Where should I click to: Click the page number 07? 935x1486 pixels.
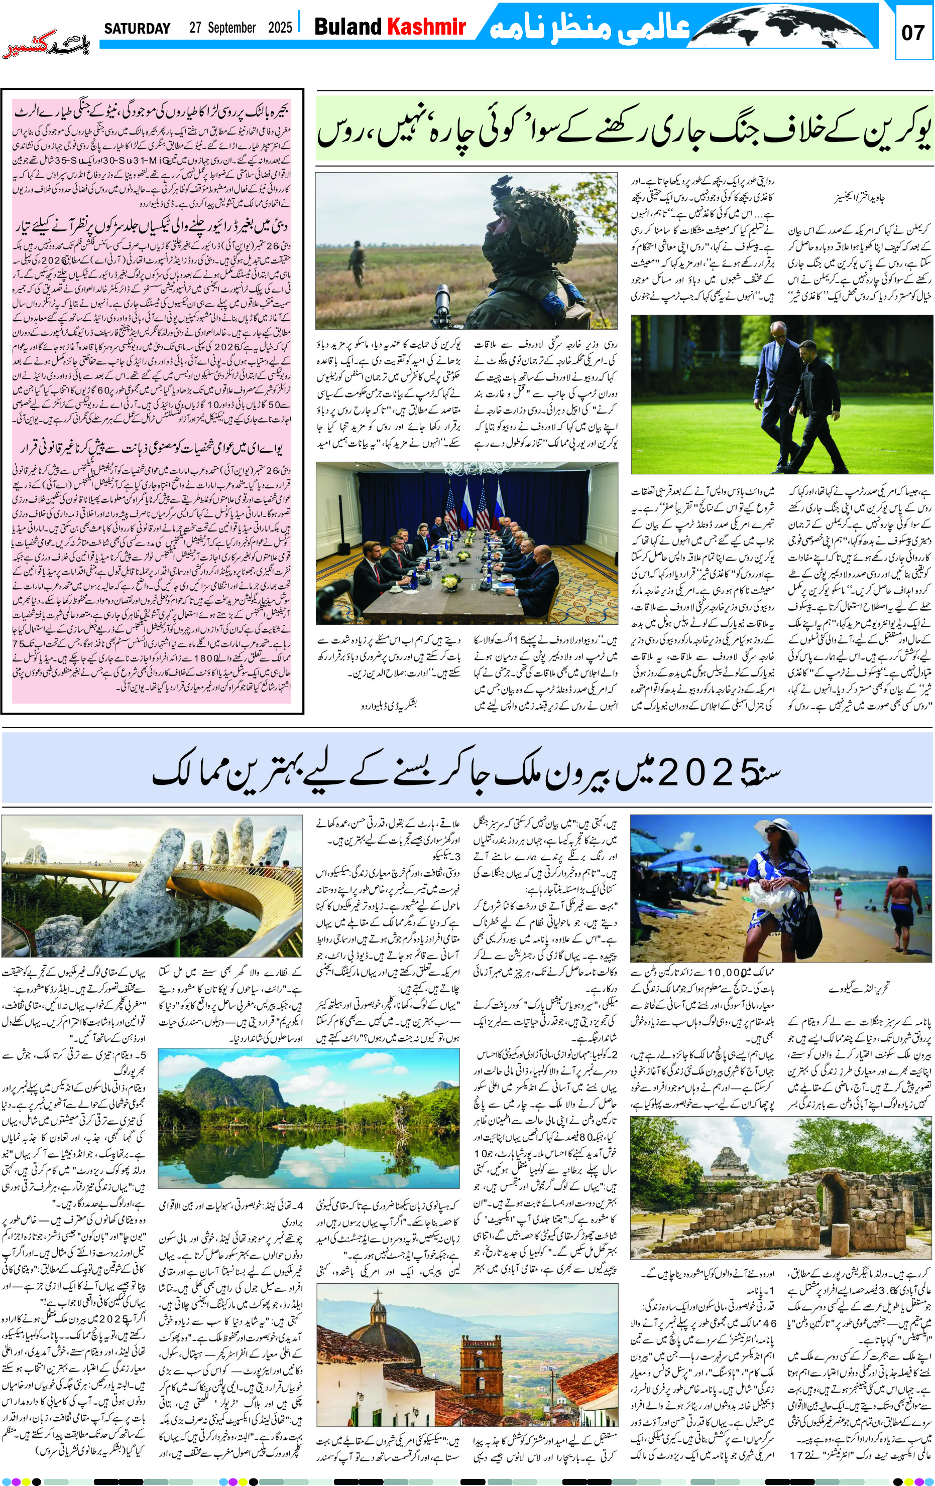click(x=912, y=32)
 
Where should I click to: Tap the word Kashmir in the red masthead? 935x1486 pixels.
click(x=426, y=27)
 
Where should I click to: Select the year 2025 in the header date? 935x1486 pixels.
click(x=280, y=28)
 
